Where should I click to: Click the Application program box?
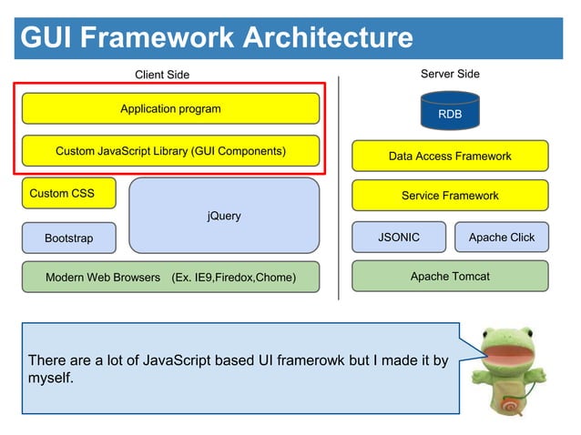click(x=170, y=109)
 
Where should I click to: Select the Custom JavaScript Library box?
click(x=170, y=151)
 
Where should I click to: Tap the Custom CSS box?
click(x=69, y=193)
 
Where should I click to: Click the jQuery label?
click(x=224, y=216)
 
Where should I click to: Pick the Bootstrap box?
click(x=69, y=238)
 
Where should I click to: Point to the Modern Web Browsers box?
click(x=170, y=277)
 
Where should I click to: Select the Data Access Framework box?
click(x=450, y=157)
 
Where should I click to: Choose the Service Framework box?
click(x=450, y=196)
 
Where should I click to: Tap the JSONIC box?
click(x=399, y=238)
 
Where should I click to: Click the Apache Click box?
click(x=502, y=238)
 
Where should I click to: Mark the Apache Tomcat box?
click(x=450, y=276)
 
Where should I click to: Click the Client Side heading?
click(x=162, y=75)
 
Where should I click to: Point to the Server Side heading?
click(x=450, y=74)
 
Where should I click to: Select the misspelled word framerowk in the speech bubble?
click(x=291, y=361)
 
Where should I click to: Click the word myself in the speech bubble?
click(x=50, y=378)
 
